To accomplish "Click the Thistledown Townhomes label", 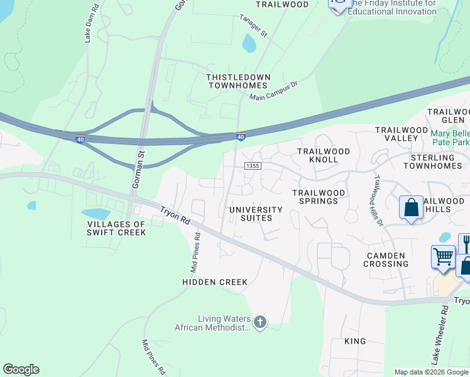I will coord(239,81).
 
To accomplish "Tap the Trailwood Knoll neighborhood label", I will coord(322,156).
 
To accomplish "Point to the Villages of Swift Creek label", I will coord(117,228).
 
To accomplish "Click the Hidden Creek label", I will coord(215,282).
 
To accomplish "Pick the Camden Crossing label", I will coord(386,260).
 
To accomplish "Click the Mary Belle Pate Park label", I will coord(449,138).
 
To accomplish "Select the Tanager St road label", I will coord(253,26).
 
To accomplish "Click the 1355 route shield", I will coord(253,166).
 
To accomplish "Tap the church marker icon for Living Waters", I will coord(260,323).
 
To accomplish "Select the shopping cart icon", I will coord(443,256).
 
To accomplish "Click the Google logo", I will coord(21,369).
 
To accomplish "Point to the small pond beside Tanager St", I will coord(249,43).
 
